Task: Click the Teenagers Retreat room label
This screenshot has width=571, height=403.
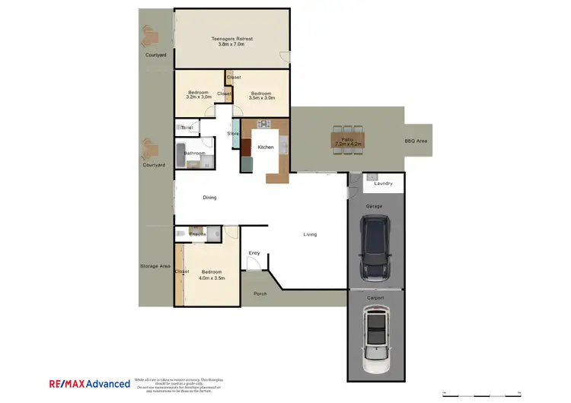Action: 231,41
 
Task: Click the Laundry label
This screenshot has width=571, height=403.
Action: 383,183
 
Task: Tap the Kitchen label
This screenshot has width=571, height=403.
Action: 266,147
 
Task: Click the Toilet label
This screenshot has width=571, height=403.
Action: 187,128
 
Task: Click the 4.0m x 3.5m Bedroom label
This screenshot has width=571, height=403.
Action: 212,275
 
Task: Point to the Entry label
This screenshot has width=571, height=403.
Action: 254,253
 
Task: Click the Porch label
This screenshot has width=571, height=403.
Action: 260,294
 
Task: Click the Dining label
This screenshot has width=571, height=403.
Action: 209,198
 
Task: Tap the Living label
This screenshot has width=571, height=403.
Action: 310,234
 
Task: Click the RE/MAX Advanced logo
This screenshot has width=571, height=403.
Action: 89,384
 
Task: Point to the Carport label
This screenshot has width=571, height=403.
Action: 375,298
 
